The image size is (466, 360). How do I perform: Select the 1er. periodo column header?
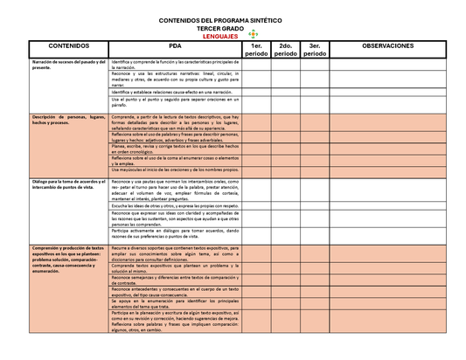tap(256, 50)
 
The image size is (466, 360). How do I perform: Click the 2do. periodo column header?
tap(285, 50)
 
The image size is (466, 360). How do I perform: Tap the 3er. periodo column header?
tap(315, 50)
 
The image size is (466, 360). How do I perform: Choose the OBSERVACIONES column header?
tap(388, 45)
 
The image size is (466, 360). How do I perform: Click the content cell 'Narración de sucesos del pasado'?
tap(69, 66)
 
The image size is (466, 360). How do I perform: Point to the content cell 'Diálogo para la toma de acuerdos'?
tap(69, 183)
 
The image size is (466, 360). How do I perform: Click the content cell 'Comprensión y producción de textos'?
tap(69, 260)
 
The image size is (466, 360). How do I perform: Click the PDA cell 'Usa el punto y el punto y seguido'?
tap(175, 102)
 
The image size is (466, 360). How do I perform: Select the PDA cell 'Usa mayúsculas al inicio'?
tap(175, 170)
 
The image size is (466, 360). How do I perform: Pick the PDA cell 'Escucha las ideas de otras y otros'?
tap(175, 204)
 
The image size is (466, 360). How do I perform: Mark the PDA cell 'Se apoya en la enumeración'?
tap(175, 303)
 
